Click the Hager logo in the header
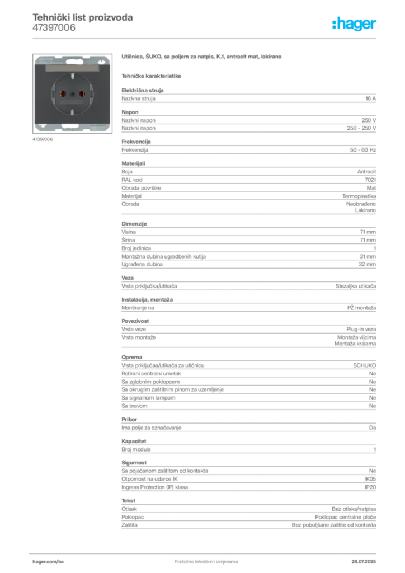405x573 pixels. (x=355, y=24)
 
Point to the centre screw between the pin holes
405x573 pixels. (x=72, y=92)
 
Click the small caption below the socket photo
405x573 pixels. (x=43, y=139)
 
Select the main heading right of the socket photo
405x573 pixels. (x=203, y=58)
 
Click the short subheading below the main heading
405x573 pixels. (x=152, y=74)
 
